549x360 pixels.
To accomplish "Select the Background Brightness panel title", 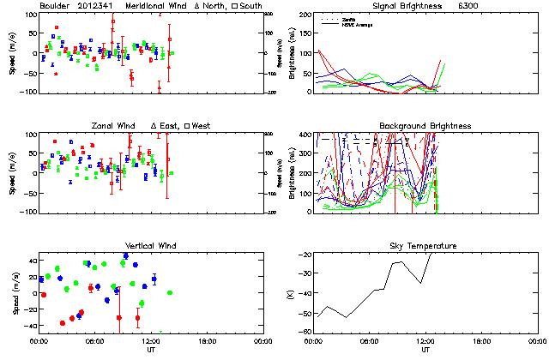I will tap(425, 126).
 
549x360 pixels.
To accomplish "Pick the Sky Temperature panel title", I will tap(425, 246).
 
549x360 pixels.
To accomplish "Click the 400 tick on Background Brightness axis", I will tap(307, 135).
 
